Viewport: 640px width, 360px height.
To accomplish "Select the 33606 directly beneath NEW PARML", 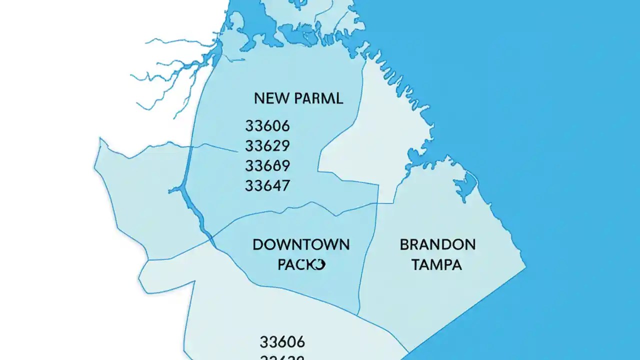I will [x=267, y=125].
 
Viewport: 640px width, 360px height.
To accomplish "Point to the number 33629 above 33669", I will [x=267, y=146].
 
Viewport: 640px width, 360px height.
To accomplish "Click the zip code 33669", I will [x=267, y=165].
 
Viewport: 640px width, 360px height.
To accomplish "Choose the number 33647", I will [x=267, y=186].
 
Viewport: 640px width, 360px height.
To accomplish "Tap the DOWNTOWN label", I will [x=301, y=245].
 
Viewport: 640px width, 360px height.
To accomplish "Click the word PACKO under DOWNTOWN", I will [x=301, y=264].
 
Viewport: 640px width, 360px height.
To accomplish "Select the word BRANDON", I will [x=437, y=245].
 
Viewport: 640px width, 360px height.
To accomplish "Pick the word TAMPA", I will [x=436, y=264].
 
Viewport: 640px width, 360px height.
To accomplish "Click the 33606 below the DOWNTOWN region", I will [x=282, y=342].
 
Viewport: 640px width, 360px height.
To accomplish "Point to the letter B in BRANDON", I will [x=404, y=245].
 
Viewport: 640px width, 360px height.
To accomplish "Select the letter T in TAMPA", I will [x=415, y=264].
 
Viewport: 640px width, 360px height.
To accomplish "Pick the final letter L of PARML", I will [x=339, y=98].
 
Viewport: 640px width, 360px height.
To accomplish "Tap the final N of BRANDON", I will [x=470, y=245].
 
